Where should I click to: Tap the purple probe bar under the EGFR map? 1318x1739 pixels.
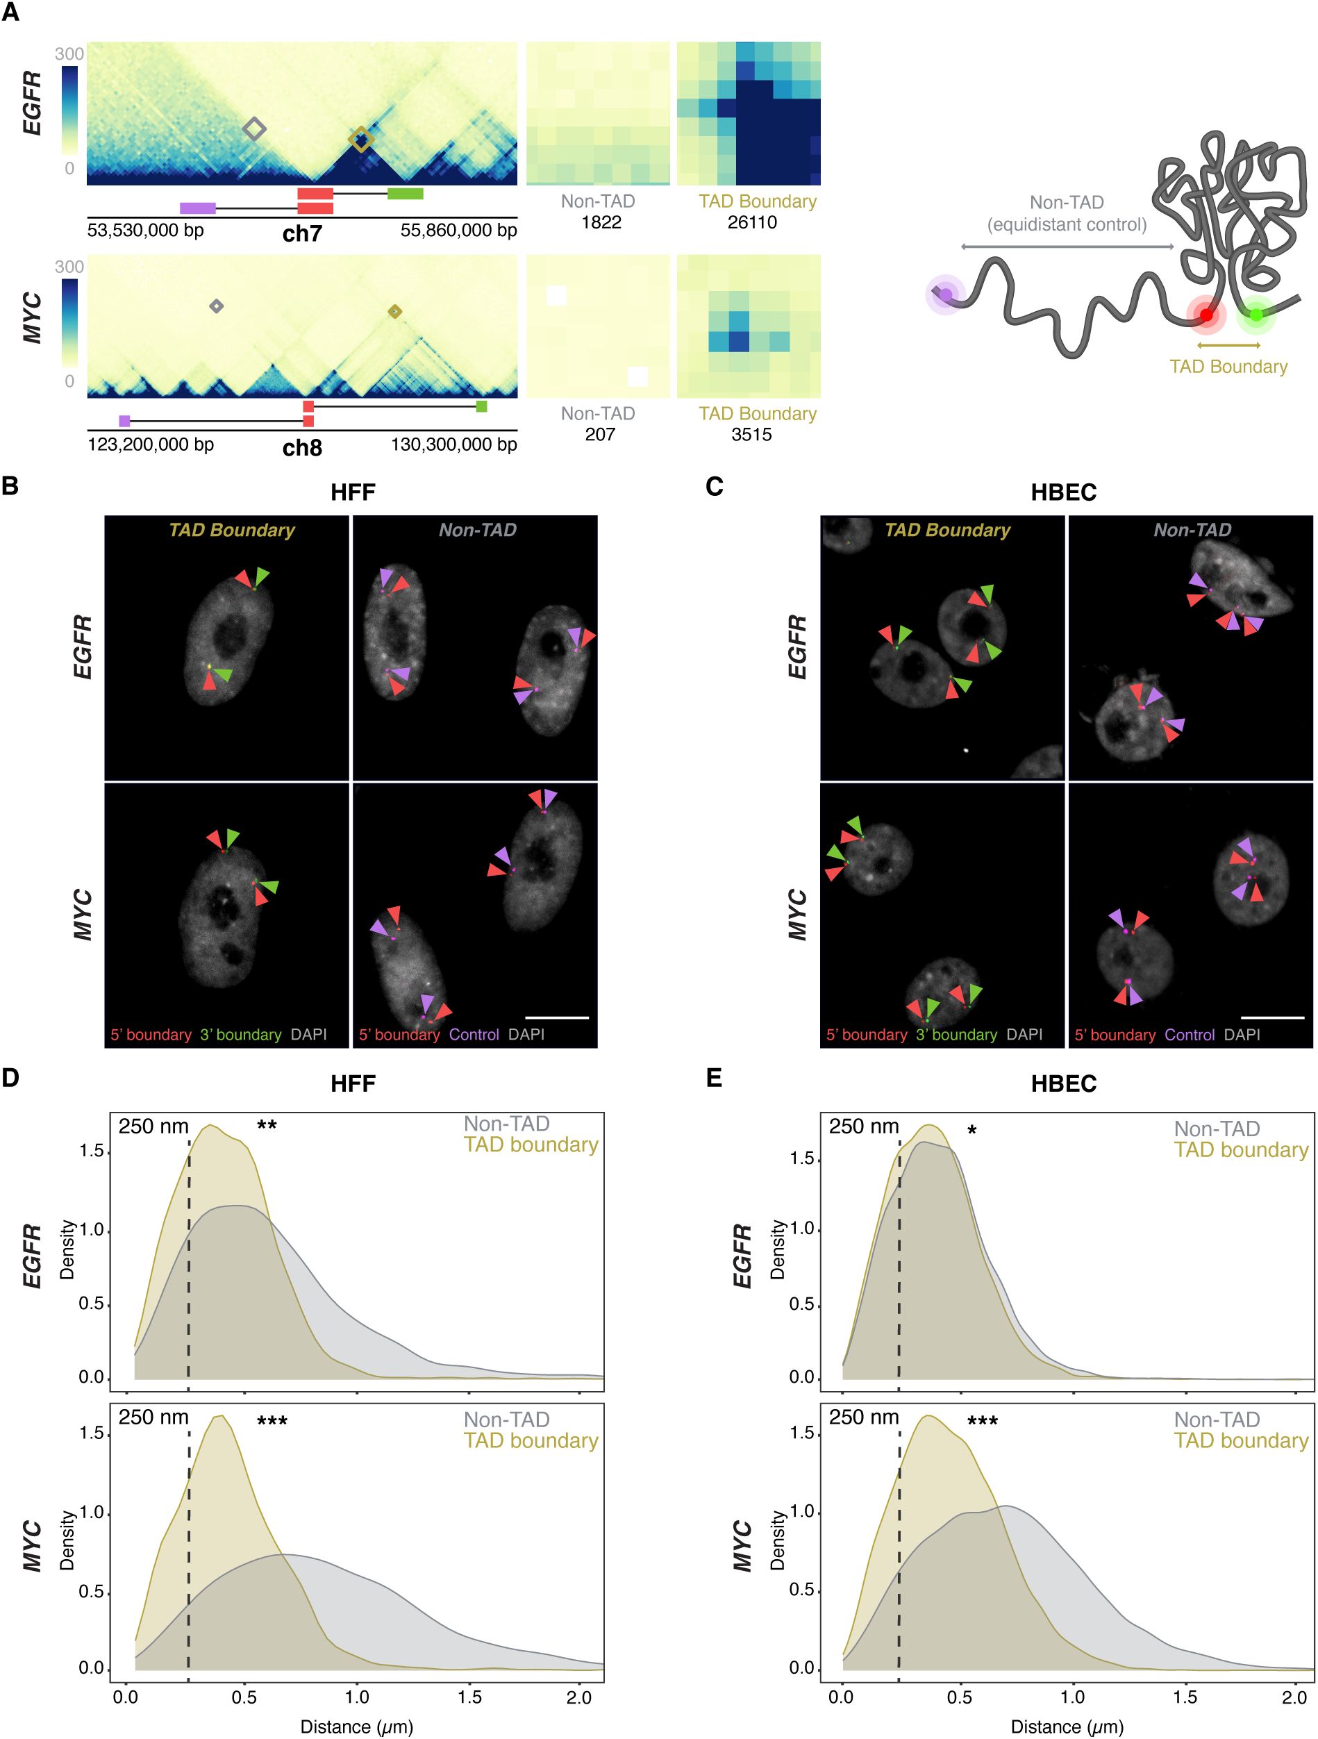(197, 208)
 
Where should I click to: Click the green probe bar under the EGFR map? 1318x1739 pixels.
(405, 193)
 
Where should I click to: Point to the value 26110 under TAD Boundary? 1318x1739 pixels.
(751, 222)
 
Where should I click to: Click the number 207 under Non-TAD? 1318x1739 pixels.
(600, 434)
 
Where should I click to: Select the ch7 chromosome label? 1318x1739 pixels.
(302, 233)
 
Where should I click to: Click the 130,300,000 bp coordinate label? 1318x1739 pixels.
(453, 445)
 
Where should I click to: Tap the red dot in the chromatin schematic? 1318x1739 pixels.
(1206, 315)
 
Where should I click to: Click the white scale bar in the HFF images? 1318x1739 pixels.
(556, 1017)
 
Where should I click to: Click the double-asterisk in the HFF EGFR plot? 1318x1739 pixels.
(267, 1126)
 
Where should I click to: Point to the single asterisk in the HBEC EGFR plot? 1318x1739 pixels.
(972, 1131)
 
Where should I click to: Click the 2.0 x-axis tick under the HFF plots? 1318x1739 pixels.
(578, 1697)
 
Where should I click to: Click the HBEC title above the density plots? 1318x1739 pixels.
(1062, 1083)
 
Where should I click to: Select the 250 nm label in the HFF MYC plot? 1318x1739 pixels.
(153, 1417)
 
